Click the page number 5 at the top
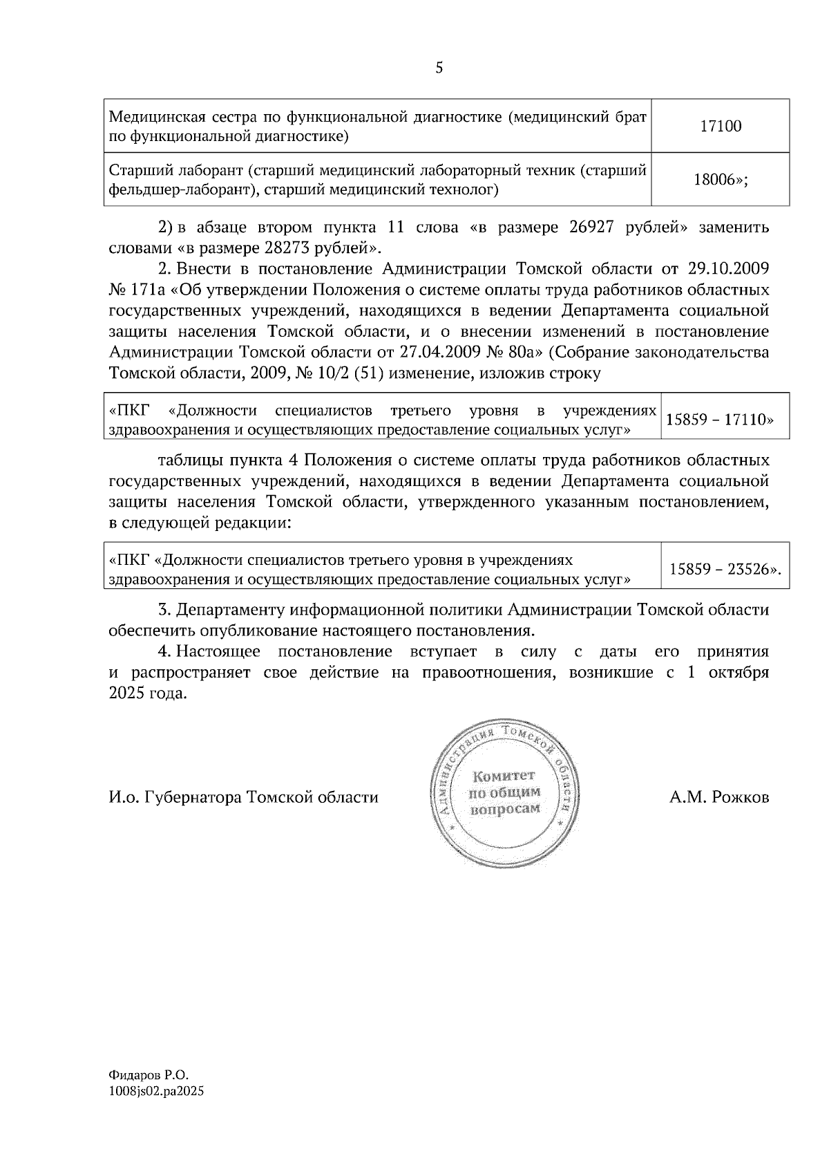click(x=439, y=68)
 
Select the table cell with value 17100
click(x=721, y=127)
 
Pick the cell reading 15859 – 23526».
click(x=725, y=568)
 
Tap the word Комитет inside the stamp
click(x=504, y=776)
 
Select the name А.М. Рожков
click(x=718, y=797)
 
